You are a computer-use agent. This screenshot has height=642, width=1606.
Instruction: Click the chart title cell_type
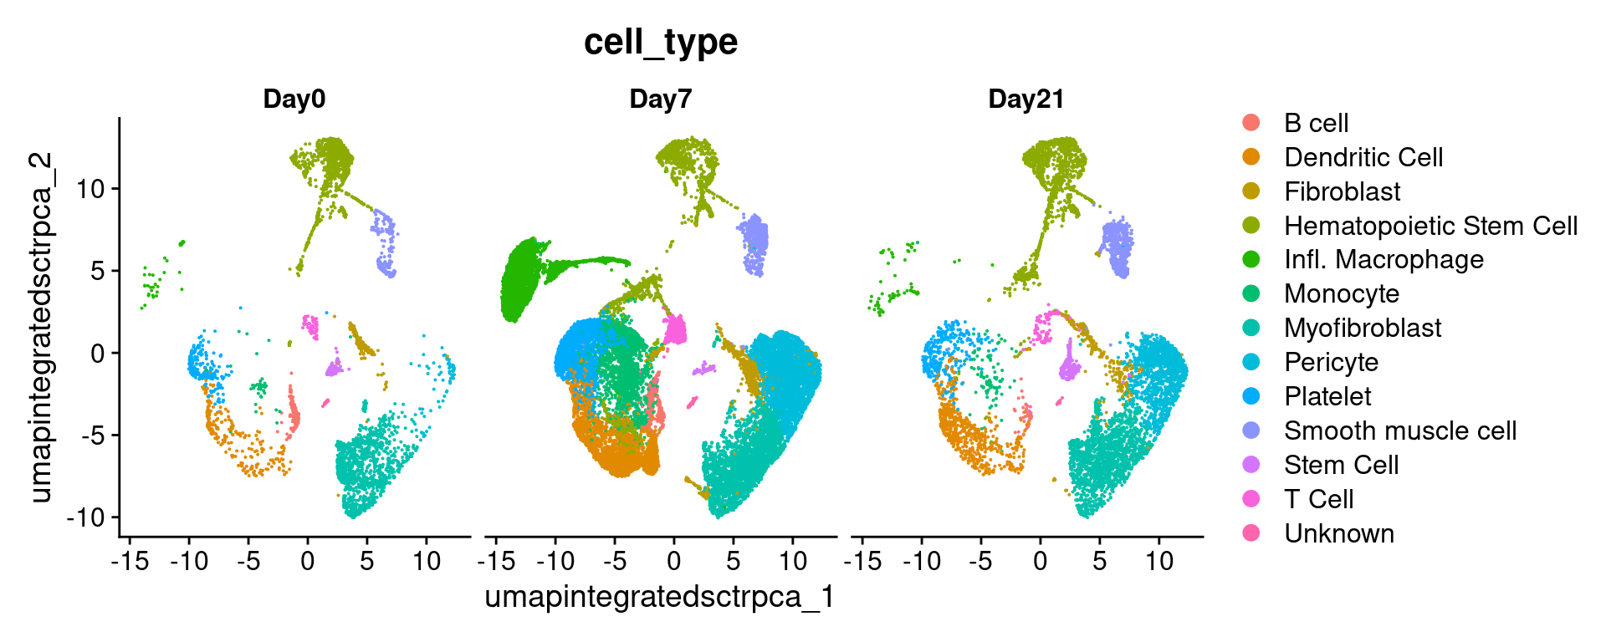pyautogui.click(x=660, y=42)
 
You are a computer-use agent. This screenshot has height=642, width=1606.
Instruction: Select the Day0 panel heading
pyautogui.click(x=294, y=99)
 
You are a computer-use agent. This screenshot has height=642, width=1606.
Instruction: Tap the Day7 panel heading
pyautogui.click(x=660, y=99)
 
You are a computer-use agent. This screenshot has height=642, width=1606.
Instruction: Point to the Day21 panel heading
pyautogui.click(x=1025, y=99)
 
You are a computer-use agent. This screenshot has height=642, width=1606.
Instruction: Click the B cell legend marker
pyautogui.click(x=1251, y=123)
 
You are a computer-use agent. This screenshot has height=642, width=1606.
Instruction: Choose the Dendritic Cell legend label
pyautogui.click(x=1363, y=157)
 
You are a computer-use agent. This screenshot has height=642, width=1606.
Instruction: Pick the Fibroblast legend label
pyautogui.click(x=1342, y=191)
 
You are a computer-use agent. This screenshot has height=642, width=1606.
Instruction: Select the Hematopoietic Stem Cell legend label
pyautogui.click(x=1430, y=226)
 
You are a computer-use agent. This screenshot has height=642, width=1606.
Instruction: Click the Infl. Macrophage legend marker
pyautogui.click(x=1251, y=260)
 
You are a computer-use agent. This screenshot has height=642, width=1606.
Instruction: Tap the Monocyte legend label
pyautogui.click(x=1341, y=294)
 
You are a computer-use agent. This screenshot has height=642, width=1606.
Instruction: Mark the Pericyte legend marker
pyautogui.click(x=1251, y=362)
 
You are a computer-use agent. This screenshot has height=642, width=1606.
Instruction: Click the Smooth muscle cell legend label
pyautogui.click(x=1399, y=431)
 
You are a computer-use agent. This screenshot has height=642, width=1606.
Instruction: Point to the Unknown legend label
pyautogui.click(x=1338, y=533)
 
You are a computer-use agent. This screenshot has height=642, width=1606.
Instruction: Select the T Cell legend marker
pyautogui.click(x=1251, y=499)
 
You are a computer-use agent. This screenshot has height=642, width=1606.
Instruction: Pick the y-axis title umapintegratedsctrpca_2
pyautogui.click(x=40, y=328)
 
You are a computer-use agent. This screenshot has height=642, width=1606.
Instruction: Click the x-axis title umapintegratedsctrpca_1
pyautogui.click(x=660, y=597)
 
